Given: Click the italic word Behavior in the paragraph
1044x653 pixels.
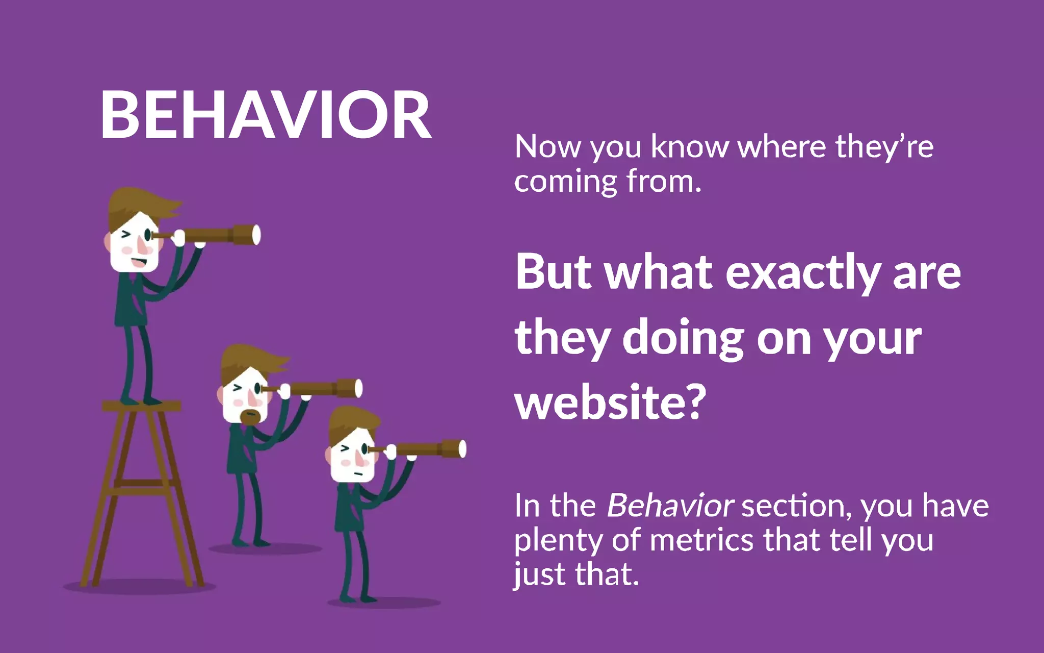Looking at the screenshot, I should coord(670,506).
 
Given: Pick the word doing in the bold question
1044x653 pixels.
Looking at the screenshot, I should coord(684,339).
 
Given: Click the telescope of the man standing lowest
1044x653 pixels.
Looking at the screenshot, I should coord(428,449).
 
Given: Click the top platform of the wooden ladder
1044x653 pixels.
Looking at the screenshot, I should coord(141,407).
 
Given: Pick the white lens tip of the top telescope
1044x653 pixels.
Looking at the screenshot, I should coord(256,235).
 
